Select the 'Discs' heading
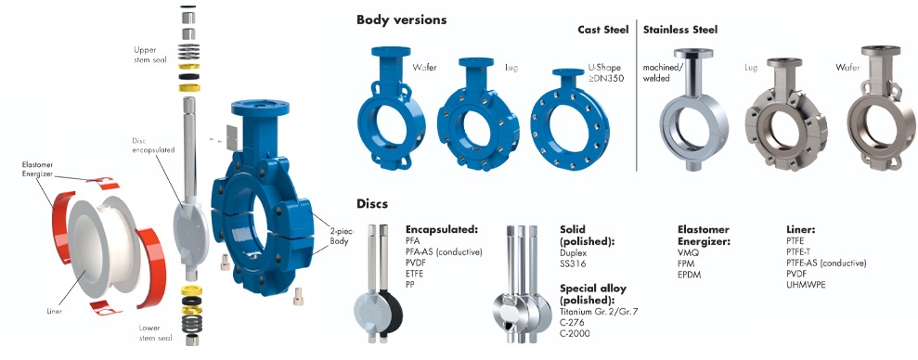[373, 204]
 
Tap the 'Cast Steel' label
[602, 30]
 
